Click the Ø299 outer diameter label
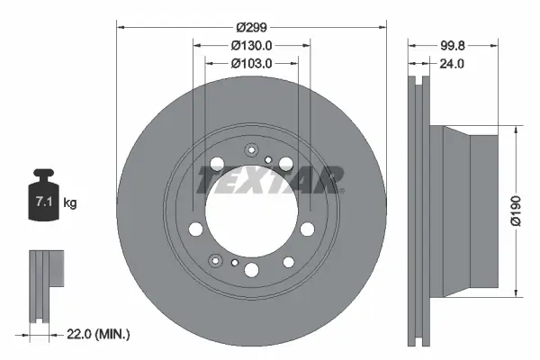(x=252, y=27)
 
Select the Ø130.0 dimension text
(x=252, y=45)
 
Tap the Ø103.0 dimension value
(x=252, y=63)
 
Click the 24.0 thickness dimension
(x=452, y=65)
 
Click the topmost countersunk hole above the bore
(x=252, y=151)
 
